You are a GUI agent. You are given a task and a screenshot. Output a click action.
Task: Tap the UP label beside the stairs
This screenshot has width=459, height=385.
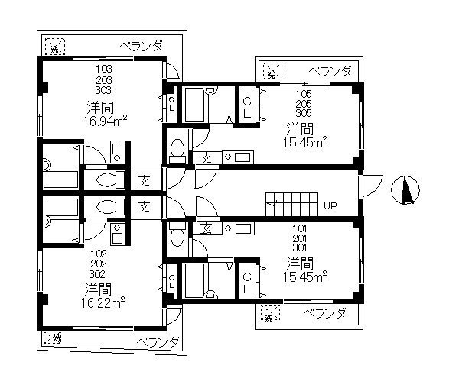(330, 205)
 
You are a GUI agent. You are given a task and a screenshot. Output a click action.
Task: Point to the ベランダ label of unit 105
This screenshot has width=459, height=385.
(330, 71)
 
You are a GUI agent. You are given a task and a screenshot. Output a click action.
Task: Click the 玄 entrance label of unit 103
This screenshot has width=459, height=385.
(145, 182)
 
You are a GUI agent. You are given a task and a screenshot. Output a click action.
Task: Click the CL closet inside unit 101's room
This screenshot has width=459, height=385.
(249, 282)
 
